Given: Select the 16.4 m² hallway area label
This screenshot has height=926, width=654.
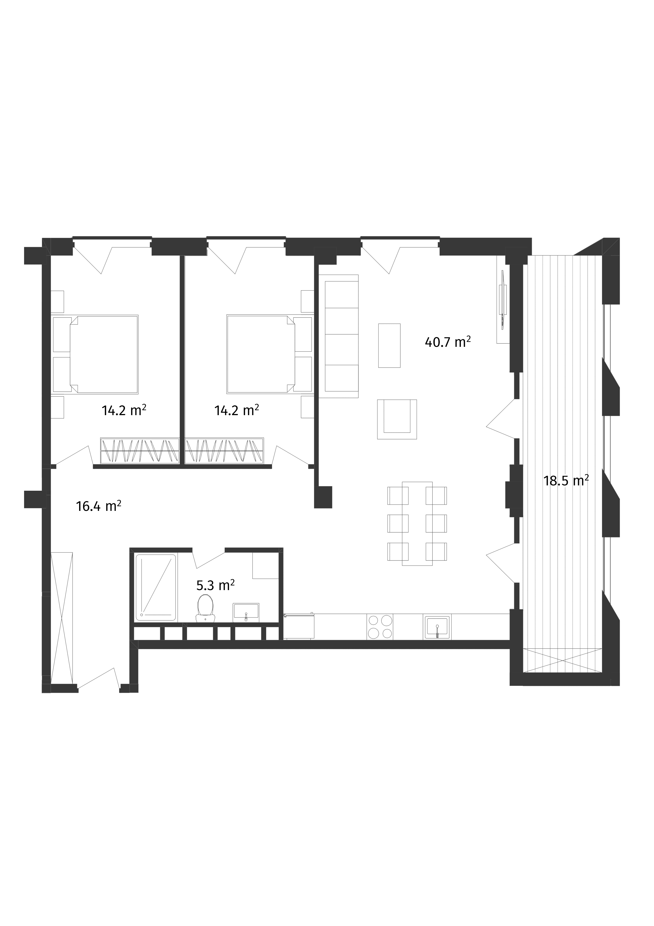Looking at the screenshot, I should (x=99, y=506).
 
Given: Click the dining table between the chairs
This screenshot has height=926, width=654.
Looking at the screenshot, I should (x=417, y=523).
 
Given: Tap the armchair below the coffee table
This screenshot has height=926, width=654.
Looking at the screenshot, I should (x=396, y=419).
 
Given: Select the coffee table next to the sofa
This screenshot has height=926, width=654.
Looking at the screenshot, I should (x=389, y=345).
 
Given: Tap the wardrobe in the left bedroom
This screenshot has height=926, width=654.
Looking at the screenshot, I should (x=140, y=450).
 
